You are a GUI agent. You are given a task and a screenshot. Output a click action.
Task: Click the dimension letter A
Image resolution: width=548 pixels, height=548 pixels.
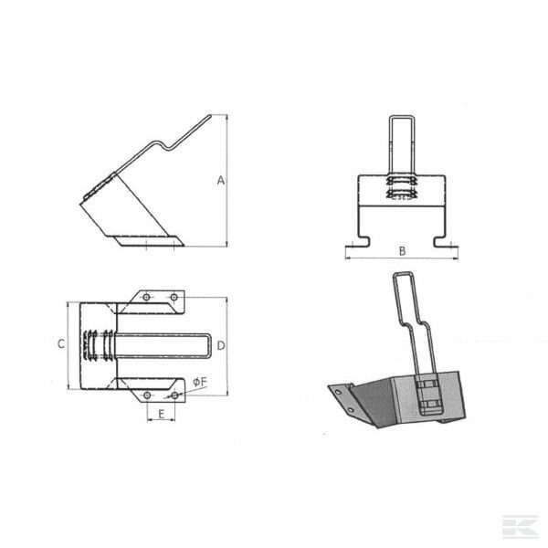pyautogui.click(x=220, y=180)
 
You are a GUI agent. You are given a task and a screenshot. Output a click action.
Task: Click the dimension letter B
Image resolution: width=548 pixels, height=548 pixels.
pyautogui.click(x=402, y=251)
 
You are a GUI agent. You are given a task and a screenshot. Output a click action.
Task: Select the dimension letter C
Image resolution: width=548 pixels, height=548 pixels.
pyautogui.click(x=61, y=344)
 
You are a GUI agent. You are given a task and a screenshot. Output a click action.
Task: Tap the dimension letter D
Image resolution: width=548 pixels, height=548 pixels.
pyautogui.click(x=221, y=345)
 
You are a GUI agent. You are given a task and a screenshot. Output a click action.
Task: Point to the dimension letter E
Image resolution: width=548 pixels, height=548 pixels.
pyautogui.click(x=161, y=414)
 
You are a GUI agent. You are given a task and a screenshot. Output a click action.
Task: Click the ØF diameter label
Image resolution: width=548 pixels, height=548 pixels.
pyautogui.click(x=200, y=383)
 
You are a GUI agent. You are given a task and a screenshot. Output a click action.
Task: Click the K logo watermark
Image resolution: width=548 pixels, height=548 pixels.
pyautogui.click(x=521, y=526)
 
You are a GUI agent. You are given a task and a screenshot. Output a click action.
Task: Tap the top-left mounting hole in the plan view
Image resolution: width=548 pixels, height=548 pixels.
pyautogui.click(x=146, y=297)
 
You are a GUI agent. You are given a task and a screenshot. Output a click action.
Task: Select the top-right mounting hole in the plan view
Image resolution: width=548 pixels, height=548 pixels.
pyautogui.click(x=174, y=297)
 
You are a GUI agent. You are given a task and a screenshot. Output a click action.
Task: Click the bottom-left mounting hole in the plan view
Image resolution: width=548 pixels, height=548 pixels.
pyautogui.click(x=147, y=395)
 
